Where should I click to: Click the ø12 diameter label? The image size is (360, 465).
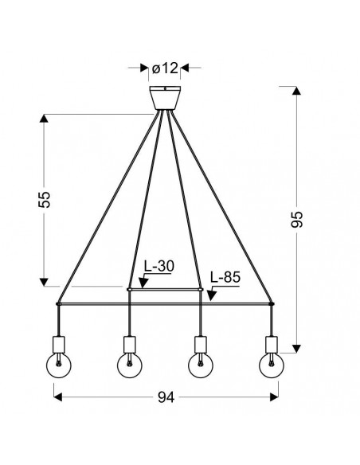click(x=165, y=68)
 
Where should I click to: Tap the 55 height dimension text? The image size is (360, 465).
click(x=45, y=199)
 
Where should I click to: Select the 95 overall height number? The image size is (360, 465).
click(x=296, y=219)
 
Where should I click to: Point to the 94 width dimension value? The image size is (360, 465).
click(x=166, y=397)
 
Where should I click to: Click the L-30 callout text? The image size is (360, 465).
click(x=159, y=266)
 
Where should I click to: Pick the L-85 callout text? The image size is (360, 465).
click(x=225, y=277)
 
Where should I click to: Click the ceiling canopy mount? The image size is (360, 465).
click(x=165, y=98)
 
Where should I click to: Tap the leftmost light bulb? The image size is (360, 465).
click(x=59, y=365)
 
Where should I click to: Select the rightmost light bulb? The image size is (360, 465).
click(x=272, y=365)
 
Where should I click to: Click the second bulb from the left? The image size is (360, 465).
click(x=130, y=365)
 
